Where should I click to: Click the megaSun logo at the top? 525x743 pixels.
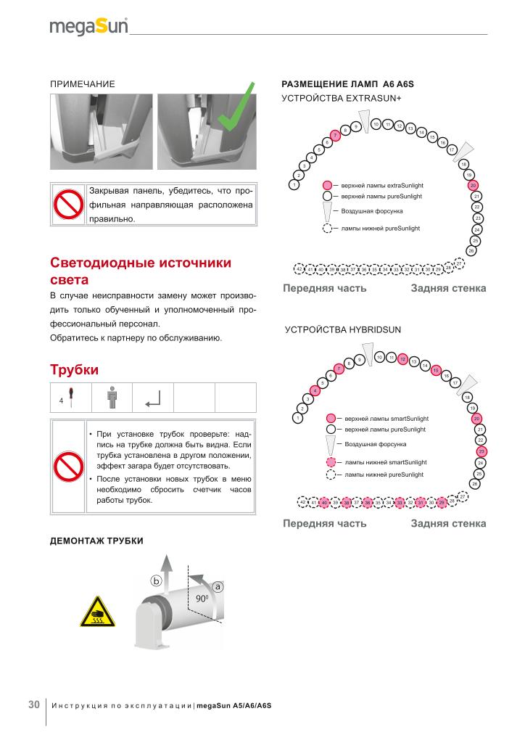88,28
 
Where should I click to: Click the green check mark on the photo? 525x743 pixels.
237,108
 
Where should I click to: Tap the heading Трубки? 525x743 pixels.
73,369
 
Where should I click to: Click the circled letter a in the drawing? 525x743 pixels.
217,586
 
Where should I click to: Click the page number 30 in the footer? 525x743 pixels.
34,705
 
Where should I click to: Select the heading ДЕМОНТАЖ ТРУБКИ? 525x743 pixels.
96,541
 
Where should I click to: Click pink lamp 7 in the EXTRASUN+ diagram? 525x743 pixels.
335,136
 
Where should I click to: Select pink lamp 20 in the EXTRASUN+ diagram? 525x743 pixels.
473,186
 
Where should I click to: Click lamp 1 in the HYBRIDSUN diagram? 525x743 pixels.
297,418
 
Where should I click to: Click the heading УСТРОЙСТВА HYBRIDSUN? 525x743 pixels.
343,329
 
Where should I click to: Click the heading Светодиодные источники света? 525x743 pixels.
141,271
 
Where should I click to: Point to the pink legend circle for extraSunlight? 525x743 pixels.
327,186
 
